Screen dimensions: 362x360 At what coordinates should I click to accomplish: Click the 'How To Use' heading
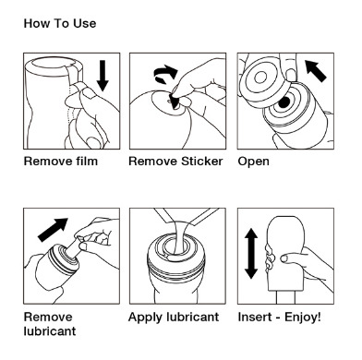(x=60, y=23)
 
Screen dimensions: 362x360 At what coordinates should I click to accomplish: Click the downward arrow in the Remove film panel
(x=103, y=76)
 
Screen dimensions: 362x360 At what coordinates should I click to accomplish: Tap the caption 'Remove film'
(x=61, y=162)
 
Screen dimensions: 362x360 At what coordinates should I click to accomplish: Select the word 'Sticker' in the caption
(x=202, y=162)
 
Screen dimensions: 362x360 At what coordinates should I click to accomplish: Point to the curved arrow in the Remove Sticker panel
(x=165, y=75)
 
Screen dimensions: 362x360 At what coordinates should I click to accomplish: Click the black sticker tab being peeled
(x=175, y=102)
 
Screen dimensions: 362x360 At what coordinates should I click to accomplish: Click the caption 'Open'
(x=253, y=162)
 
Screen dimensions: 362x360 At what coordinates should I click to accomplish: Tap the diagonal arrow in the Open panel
(x=316, y=71)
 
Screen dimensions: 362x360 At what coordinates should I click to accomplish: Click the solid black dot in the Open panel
(x=284, y=102)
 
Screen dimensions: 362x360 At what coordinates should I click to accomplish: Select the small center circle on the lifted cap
(x=260, y=78)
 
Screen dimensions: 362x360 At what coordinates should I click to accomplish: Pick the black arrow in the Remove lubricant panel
(x=53, y=230)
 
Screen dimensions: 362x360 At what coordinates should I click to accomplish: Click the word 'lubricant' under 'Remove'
(x=50, y=331)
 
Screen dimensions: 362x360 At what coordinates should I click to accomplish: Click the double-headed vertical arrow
(x=251, y=254)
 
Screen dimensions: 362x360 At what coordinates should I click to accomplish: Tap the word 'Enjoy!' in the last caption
(x=303, y=317)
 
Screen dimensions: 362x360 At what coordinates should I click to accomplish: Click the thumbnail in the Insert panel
(x=284, y=258)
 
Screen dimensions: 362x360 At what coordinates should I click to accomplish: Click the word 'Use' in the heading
(x=84, y=23)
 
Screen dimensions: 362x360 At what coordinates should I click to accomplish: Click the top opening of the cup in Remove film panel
(x=54, y=63)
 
